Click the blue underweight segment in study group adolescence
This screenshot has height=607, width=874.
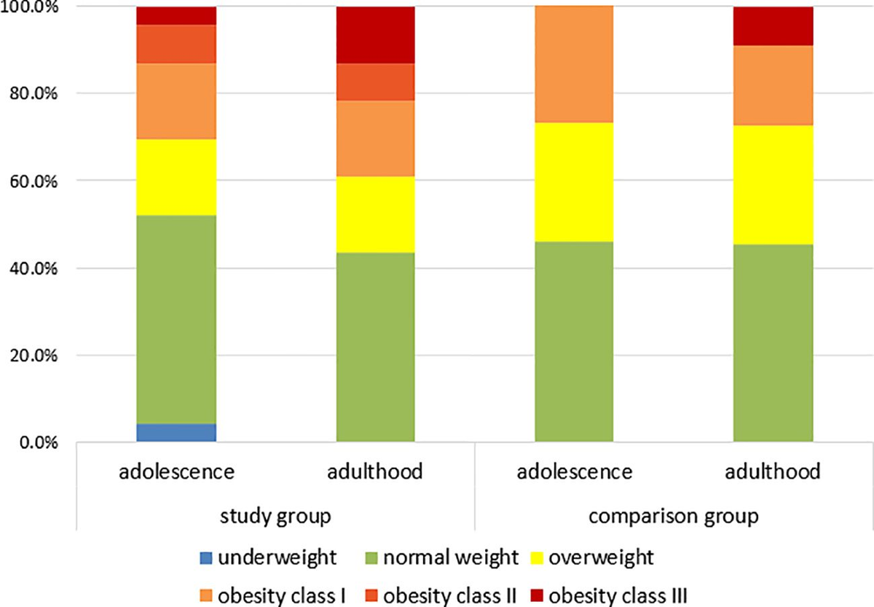(x=176, y=433)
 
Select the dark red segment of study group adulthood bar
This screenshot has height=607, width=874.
(x=375, y=35)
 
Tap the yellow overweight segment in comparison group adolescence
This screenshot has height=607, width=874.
(x=574, y=182)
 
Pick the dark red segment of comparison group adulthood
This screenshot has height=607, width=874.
(x=773, y=26)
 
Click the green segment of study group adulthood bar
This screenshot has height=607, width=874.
(x=375, y=347)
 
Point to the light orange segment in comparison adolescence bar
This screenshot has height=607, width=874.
(x=574, y=64)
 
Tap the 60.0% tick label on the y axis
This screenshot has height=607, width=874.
(x=30, y=181)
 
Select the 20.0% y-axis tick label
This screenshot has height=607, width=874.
(x=30, y=356)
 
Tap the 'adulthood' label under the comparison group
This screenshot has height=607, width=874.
(x=773, y=471)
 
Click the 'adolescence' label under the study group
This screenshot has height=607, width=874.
(x=176, y=471)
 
